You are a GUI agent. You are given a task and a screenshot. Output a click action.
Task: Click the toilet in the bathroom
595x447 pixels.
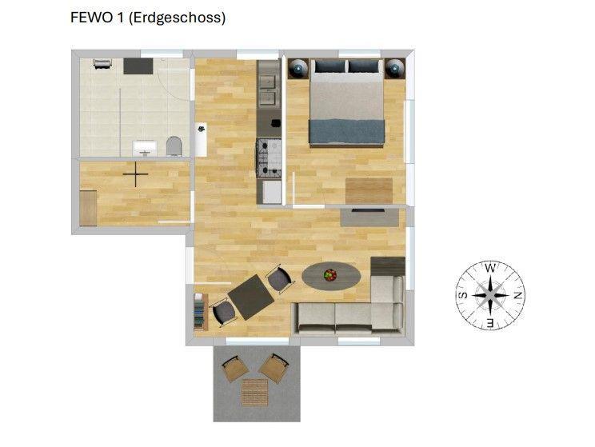point(174,146)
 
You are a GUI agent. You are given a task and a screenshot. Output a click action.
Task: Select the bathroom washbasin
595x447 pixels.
point(144,148)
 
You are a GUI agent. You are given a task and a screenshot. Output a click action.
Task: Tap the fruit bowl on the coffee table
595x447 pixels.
point(330,275)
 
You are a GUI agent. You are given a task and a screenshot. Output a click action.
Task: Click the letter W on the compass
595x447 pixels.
point(490,268)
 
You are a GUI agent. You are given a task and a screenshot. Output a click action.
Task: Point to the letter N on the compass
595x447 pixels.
point(517,296)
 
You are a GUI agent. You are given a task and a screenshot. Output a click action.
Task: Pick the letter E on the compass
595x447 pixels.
point(490,323)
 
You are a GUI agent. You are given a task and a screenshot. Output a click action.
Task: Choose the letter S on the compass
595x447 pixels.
point(463,295)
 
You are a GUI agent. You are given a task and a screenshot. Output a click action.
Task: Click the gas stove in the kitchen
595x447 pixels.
point(270,158)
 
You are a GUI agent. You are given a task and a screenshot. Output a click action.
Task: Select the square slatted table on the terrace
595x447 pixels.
point(255,392)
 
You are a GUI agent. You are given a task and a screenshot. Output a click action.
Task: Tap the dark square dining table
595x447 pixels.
point(251,297)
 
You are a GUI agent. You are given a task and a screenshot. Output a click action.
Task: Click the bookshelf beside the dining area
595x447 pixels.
point(201,312)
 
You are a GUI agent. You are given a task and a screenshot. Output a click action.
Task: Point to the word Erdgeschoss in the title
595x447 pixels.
point(178,18)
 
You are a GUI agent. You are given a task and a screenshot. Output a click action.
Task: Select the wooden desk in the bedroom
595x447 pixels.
point(369,191)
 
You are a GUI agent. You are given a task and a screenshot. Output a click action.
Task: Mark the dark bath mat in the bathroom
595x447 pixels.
point(138,66)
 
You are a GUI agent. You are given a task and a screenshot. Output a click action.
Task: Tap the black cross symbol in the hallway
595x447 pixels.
point(135,174)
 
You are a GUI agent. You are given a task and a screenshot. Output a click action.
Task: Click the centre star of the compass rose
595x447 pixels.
point(490,295)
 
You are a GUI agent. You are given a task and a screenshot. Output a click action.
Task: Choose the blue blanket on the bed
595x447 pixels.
point(347,132)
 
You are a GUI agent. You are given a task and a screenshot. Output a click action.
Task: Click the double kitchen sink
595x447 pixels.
point(269,90)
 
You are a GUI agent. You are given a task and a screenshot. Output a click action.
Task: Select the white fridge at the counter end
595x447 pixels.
point(272,192)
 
